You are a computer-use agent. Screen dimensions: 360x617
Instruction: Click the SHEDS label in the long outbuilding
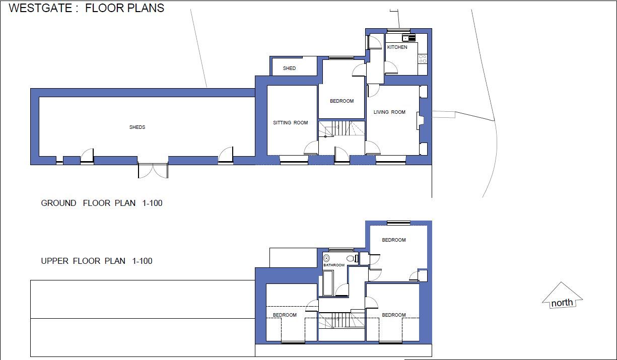tap(137, 127)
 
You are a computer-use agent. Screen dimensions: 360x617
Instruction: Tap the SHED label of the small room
tap(289, 68)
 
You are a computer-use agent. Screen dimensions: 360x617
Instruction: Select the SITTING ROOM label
tap(290, 123)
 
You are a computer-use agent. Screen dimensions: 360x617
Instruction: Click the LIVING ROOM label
tap(389, 112)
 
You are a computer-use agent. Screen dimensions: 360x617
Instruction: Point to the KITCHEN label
tap(397, 47)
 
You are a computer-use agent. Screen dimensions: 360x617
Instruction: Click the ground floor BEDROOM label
tap(341, 101)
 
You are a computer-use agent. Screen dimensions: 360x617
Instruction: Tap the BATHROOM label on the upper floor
tap(334, 265)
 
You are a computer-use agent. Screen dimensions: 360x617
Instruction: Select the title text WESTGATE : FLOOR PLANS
tap(87, 8)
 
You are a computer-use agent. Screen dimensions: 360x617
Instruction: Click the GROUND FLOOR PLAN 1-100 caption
tap(102, 203)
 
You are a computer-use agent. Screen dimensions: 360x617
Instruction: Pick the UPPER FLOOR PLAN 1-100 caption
tap(97, 261)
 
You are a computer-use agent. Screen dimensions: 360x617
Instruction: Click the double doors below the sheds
tap(153, 170)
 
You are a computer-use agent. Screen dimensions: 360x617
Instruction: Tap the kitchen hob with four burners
tap(423, 59)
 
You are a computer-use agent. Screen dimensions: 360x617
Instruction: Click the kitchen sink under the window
tap(408, 38)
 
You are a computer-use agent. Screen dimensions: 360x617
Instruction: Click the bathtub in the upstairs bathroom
tap(327, 283)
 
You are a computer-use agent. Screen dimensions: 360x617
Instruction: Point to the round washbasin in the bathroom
tap(326, 258)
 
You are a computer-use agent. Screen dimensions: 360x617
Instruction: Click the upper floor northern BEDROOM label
tap(393, 240)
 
